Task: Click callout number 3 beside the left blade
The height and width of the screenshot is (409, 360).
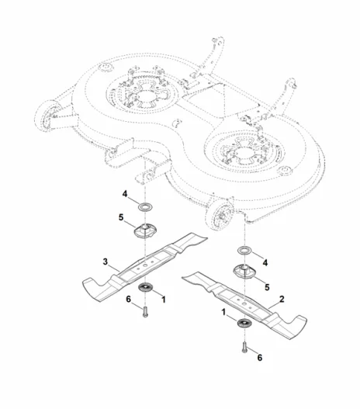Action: tap(106, 262)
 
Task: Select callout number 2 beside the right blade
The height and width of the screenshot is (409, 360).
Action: tap(282, 300)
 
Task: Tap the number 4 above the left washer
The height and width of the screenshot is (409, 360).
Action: tap(125, 194)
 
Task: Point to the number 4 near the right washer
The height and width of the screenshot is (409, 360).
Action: tap(265, 262)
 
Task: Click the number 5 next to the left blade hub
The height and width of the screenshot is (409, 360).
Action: tap(121, 217)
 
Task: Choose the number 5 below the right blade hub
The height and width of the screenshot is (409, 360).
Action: tap(267, 287)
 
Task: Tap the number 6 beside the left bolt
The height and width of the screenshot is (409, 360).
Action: tap(128, 300)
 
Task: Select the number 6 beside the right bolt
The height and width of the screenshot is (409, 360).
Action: tap(260, 358)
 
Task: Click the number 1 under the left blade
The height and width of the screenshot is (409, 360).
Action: tap(164, 300)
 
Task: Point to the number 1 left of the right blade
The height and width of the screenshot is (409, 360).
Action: tap(223, 312)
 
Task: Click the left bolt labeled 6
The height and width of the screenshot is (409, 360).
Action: tap(145, 312)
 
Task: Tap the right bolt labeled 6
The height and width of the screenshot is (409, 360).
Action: tap(244, 347)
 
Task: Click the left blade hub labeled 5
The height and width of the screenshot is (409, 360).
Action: tap(145, 230)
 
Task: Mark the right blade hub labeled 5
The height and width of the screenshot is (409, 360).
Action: tap(244, 272)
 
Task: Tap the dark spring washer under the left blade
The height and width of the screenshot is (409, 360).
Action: tap(146, 286)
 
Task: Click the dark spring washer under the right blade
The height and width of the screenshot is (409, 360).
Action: tap(244, 323)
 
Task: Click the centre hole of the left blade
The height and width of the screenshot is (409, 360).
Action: tap(145, 265)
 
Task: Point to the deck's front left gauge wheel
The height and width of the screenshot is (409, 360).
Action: tap(47, 116)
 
